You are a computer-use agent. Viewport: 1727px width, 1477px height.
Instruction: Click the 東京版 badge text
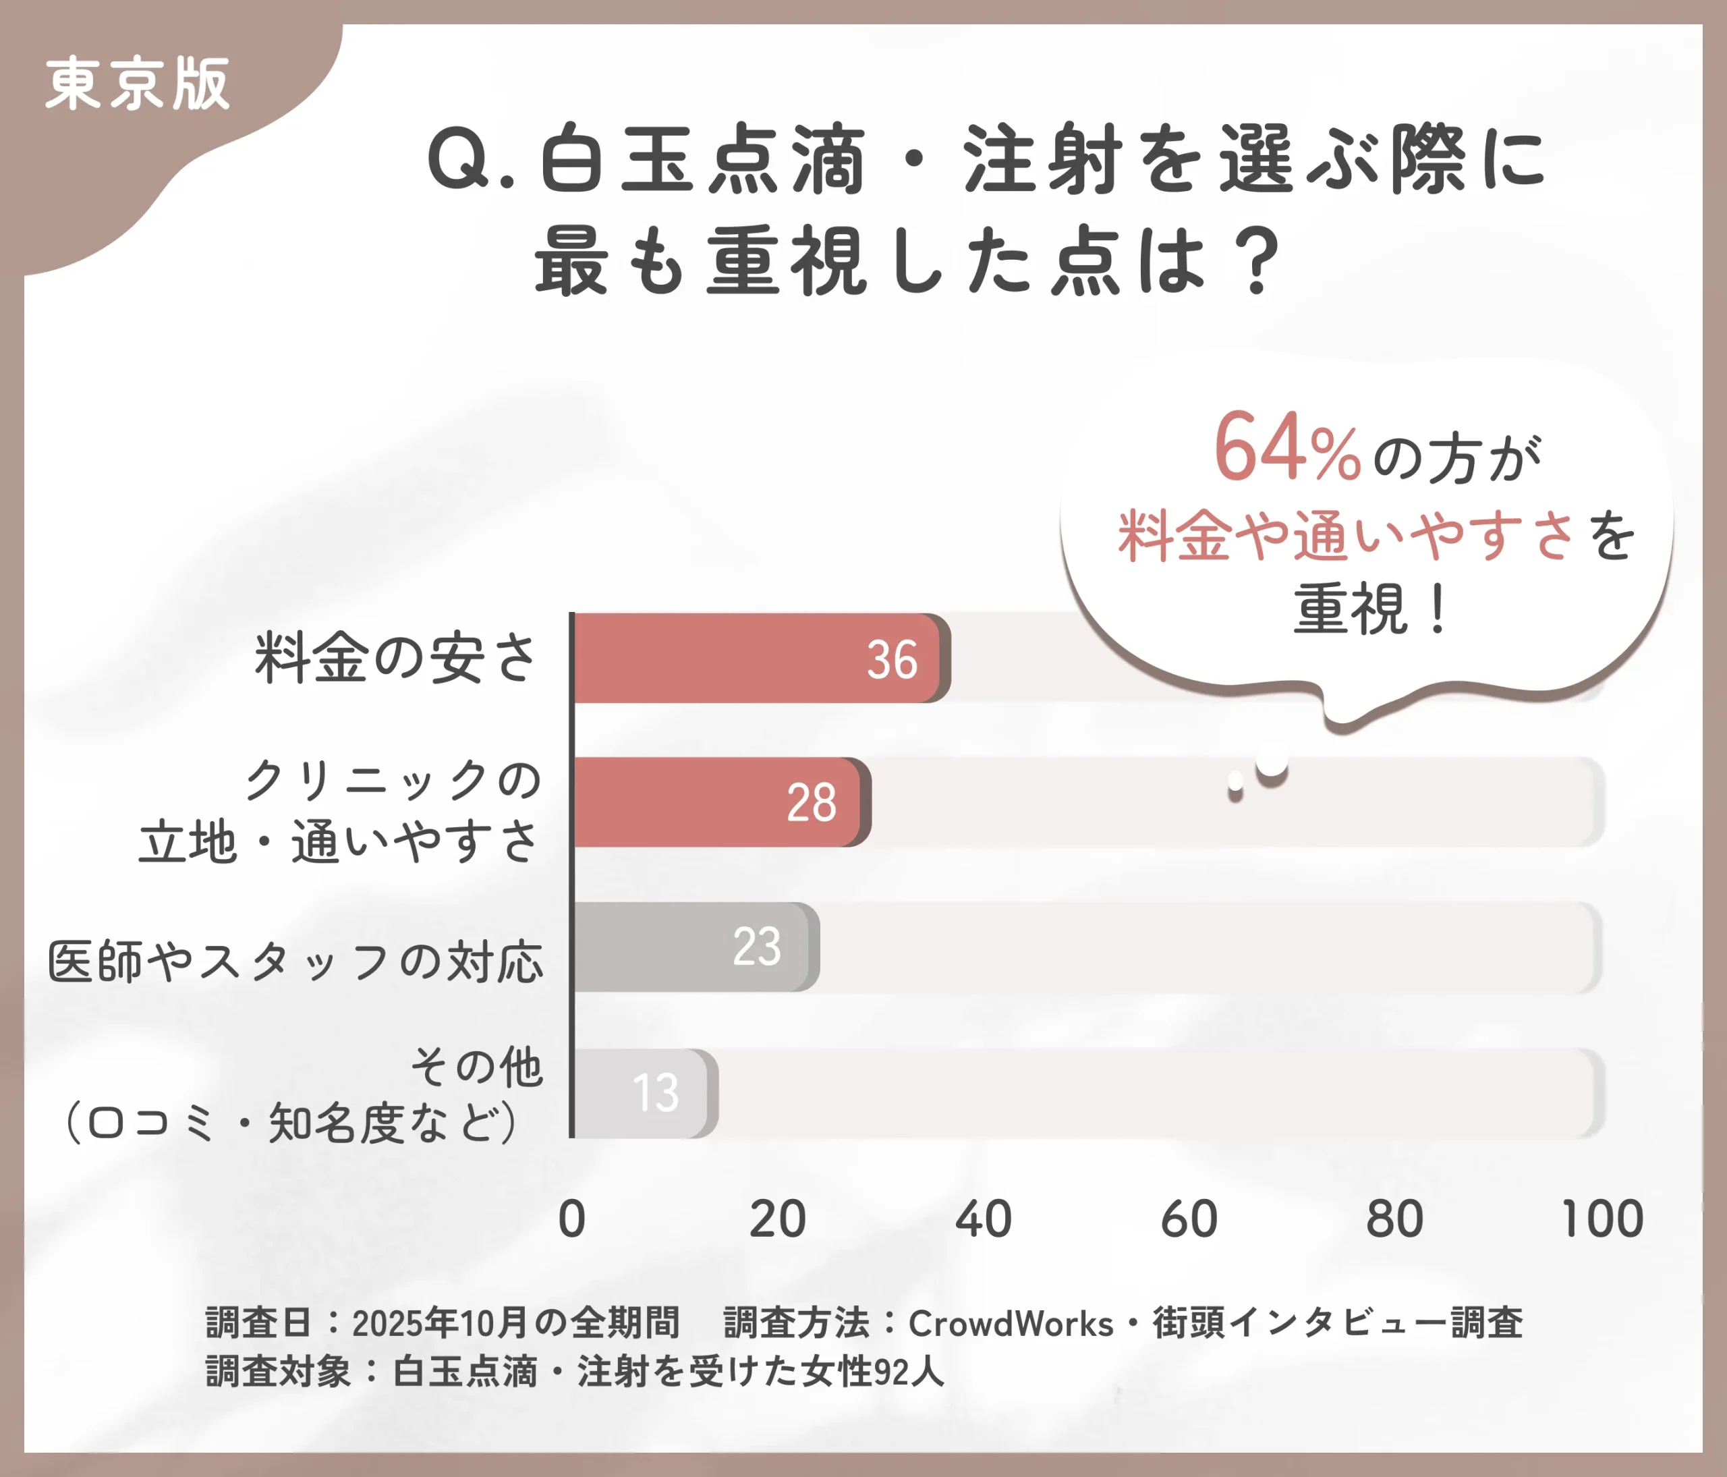click(x=138, y=84)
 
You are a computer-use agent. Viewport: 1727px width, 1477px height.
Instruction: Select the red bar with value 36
click(x=758, y=659)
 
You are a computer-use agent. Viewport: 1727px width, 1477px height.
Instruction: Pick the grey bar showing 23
click(x=691, y=947)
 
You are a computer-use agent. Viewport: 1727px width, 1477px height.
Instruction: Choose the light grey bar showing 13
click(x=642, y=1093)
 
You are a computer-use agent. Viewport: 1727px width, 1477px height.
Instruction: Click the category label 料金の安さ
click(x=396, y=659)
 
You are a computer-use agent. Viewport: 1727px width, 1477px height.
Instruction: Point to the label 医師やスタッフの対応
click(x=296, y=962)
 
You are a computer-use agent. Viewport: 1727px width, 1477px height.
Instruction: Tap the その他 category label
click(x=477, y=1066)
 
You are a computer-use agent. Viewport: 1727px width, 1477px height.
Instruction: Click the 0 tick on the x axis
click(x=572, y=1219)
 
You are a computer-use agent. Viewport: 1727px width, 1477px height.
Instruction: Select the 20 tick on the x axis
click(x=778, y=1219)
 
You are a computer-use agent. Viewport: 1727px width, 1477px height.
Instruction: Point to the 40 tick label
click(x=984, y=1219)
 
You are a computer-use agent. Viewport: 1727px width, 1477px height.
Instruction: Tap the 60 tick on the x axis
click(x=1189, y=1219)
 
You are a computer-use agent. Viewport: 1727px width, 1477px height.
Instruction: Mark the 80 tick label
click(x=1394, y=1219)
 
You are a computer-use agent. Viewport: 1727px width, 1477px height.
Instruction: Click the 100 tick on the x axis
click(x=1602, y=1219)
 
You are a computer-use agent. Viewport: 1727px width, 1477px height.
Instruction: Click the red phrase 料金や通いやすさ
click(x=1346, y=535)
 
